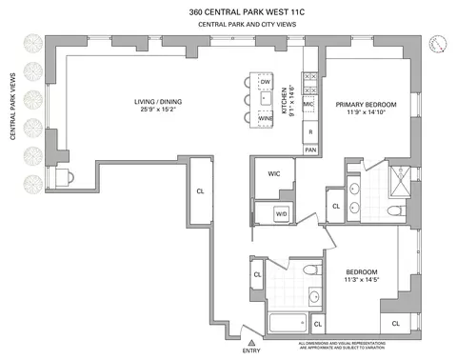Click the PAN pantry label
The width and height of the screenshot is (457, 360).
tap(310, 150)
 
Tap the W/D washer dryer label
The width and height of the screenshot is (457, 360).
tap(281, 214)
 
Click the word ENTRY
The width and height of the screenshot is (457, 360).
tap(250, 350)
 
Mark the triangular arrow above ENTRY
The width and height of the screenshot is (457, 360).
tap(250, 341)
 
